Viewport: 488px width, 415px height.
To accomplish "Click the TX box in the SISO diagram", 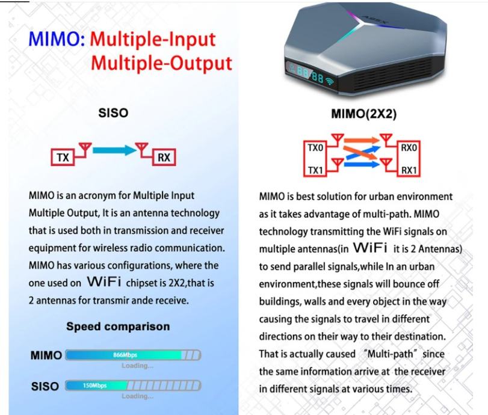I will (63, 158).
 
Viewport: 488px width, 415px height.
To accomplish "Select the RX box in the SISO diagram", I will (163, 158).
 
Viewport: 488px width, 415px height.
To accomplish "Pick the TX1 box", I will (316, 171).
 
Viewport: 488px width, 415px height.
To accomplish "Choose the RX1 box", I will (409, 171).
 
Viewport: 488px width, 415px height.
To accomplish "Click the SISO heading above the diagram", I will (113, 112).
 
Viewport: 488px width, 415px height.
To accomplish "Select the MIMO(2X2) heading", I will (364, 114).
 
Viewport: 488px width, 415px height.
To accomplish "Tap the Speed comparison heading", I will (118, 327).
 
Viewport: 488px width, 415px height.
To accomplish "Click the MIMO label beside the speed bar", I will (46, 355).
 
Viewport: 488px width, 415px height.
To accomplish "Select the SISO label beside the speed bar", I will (45, 386).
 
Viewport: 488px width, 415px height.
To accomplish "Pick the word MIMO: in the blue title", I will (57, 41).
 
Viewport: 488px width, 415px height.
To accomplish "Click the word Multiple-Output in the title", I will (162, 63).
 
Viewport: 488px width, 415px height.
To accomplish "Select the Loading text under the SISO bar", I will (137, 396).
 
